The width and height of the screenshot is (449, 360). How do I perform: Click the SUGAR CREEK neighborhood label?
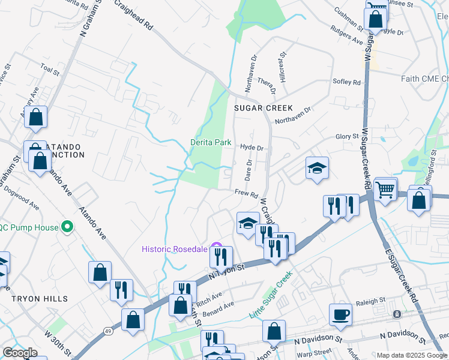pos(263,109)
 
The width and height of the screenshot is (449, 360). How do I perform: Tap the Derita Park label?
pos(211,142)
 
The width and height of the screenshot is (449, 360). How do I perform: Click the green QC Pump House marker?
pos(67,227)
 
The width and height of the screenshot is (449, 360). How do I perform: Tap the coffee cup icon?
pos(341,314)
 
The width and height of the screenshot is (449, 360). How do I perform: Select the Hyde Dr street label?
pos(252,147)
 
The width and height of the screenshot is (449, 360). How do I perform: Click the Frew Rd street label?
pos(246,193)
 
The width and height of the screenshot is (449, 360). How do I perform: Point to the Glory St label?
pos(347,137)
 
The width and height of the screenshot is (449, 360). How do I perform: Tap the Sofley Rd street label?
pos(346,82)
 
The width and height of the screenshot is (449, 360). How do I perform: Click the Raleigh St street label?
pos(371,302)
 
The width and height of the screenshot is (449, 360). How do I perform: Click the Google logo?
pos(20,353)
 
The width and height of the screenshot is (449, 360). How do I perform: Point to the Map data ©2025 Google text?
pos(412,355)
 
